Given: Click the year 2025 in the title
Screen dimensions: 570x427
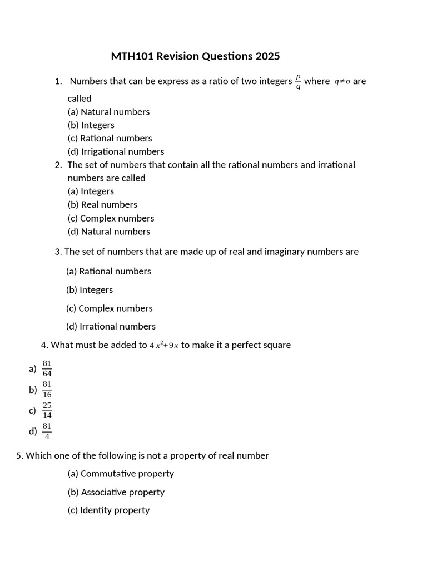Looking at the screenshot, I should (x=267, y=56).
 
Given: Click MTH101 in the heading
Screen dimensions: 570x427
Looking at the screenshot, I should (x=132, y=56).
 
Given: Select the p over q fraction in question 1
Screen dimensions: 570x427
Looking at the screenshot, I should (x=298, y=81).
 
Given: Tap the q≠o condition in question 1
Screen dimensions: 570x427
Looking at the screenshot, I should (x=342, y=82).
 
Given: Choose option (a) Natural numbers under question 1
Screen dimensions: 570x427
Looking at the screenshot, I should (x=109, y=112).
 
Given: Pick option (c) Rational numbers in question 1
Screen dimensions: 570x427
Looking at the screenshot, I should (x=110, y=139).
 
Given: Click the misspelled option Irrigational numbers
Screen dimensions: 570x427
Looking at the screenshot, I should (x=116, y=151).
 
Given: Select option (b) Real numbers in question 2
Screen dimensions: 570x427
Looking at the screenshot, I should (x=102, y=205).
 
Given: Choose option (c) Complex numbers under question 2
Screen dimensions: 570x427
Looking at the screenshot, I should (x=111, y=218).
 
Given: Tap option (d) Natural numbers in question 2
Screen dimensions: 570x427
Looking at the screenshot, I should (x=109, y=232).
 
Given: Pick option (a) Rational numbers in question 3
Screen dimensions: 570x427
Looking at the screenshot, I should (x=108, y=272).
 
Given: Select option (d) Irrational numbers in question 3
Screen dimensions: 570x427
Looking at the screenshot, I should (x=111, y=327).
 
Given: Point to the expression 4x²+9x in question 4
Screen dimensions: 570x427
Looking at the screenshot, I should (x=164, y=345).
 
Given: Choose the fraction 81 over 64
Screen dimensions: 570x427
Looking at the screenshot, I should (x=47, y=368).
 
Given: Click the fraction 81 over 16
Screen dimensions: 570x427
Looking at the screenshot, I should (x=47, y=390).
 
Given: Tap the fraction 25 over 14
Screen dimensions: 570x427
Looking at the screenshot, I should (x=47, y=410).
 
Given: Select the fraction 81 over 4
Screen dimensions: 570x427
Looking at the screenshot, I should (x=47, y=431).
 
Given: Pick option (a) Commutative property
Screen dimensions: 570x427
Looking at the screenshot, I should (x=121, y=474).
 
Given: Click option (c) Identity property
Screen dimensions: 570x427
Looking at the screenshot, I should (x=108, y=510).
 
